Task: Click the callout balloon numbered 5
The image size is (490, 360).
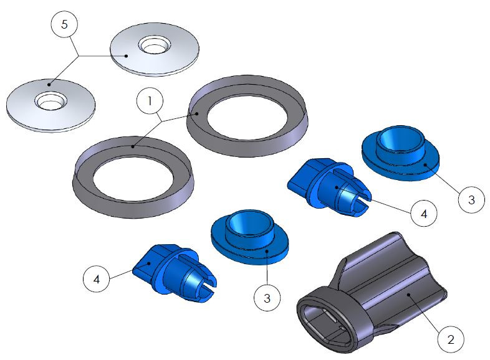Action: point(64,24)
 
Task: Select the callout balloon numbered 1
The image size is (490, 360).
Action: point(150,101)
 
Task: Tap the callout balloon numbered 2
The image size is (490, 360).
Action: point(451,339)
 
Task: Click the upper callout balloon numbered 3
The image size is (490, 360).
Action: point(471,199)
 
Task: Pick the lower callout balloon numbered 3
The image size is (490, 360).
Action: point(267,298)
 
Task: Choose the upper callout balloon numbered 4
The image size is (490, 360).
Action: point(424,214)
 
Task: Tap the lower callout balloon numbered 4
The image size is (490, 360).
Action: point(96,278)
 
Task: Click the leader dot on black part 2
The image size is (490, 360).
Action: point(408,294)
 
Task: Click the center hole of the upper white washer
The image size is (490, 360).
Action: point(155,45)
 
